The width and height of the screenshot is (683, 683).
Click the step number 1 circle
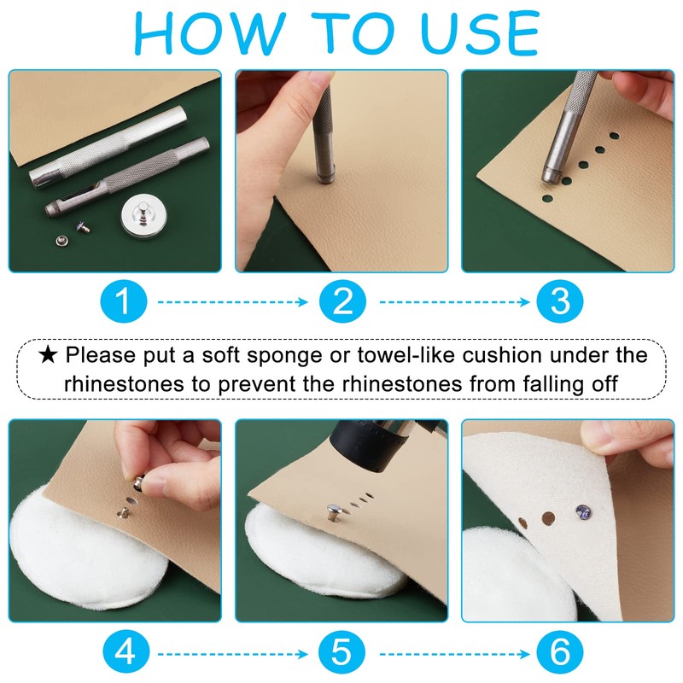[x=124, y=301]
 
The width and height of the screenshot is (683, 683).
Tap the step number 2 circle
[x=342, y=301]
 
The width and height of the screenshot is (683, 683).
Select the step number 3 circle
[x=560, y=301]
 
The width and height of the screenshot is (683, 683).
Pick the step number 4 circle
[x=126, y=652]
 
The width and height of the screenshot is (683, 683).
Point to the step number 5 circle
[x=341, y=652]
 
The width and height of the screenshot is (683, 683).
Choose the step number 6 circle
[x=560, y=652]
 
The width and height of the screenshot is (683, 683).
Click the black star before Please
[x=48, y=355]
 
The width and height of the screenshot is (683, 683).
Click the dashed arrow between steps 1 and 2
[x=232, y=302]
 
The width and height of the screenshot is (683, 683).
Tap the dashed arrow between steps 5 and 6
[x=454, y=654]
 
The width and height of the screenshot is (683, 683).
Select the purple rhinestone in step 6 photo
[x=583, y=511]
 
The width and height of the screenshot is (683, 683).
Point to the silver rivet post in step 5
[x=335, y=512]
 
